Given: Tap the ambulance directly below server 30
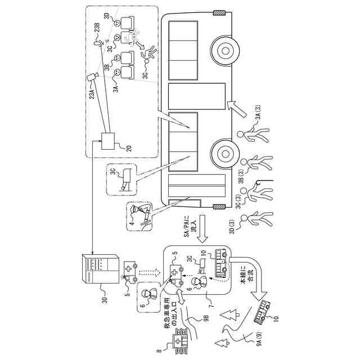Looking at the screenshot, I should pyautogui.click(x=130, y=272).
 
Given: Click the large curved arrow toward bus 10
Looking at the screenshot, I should pyautogui.click(x=253, y=281).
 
